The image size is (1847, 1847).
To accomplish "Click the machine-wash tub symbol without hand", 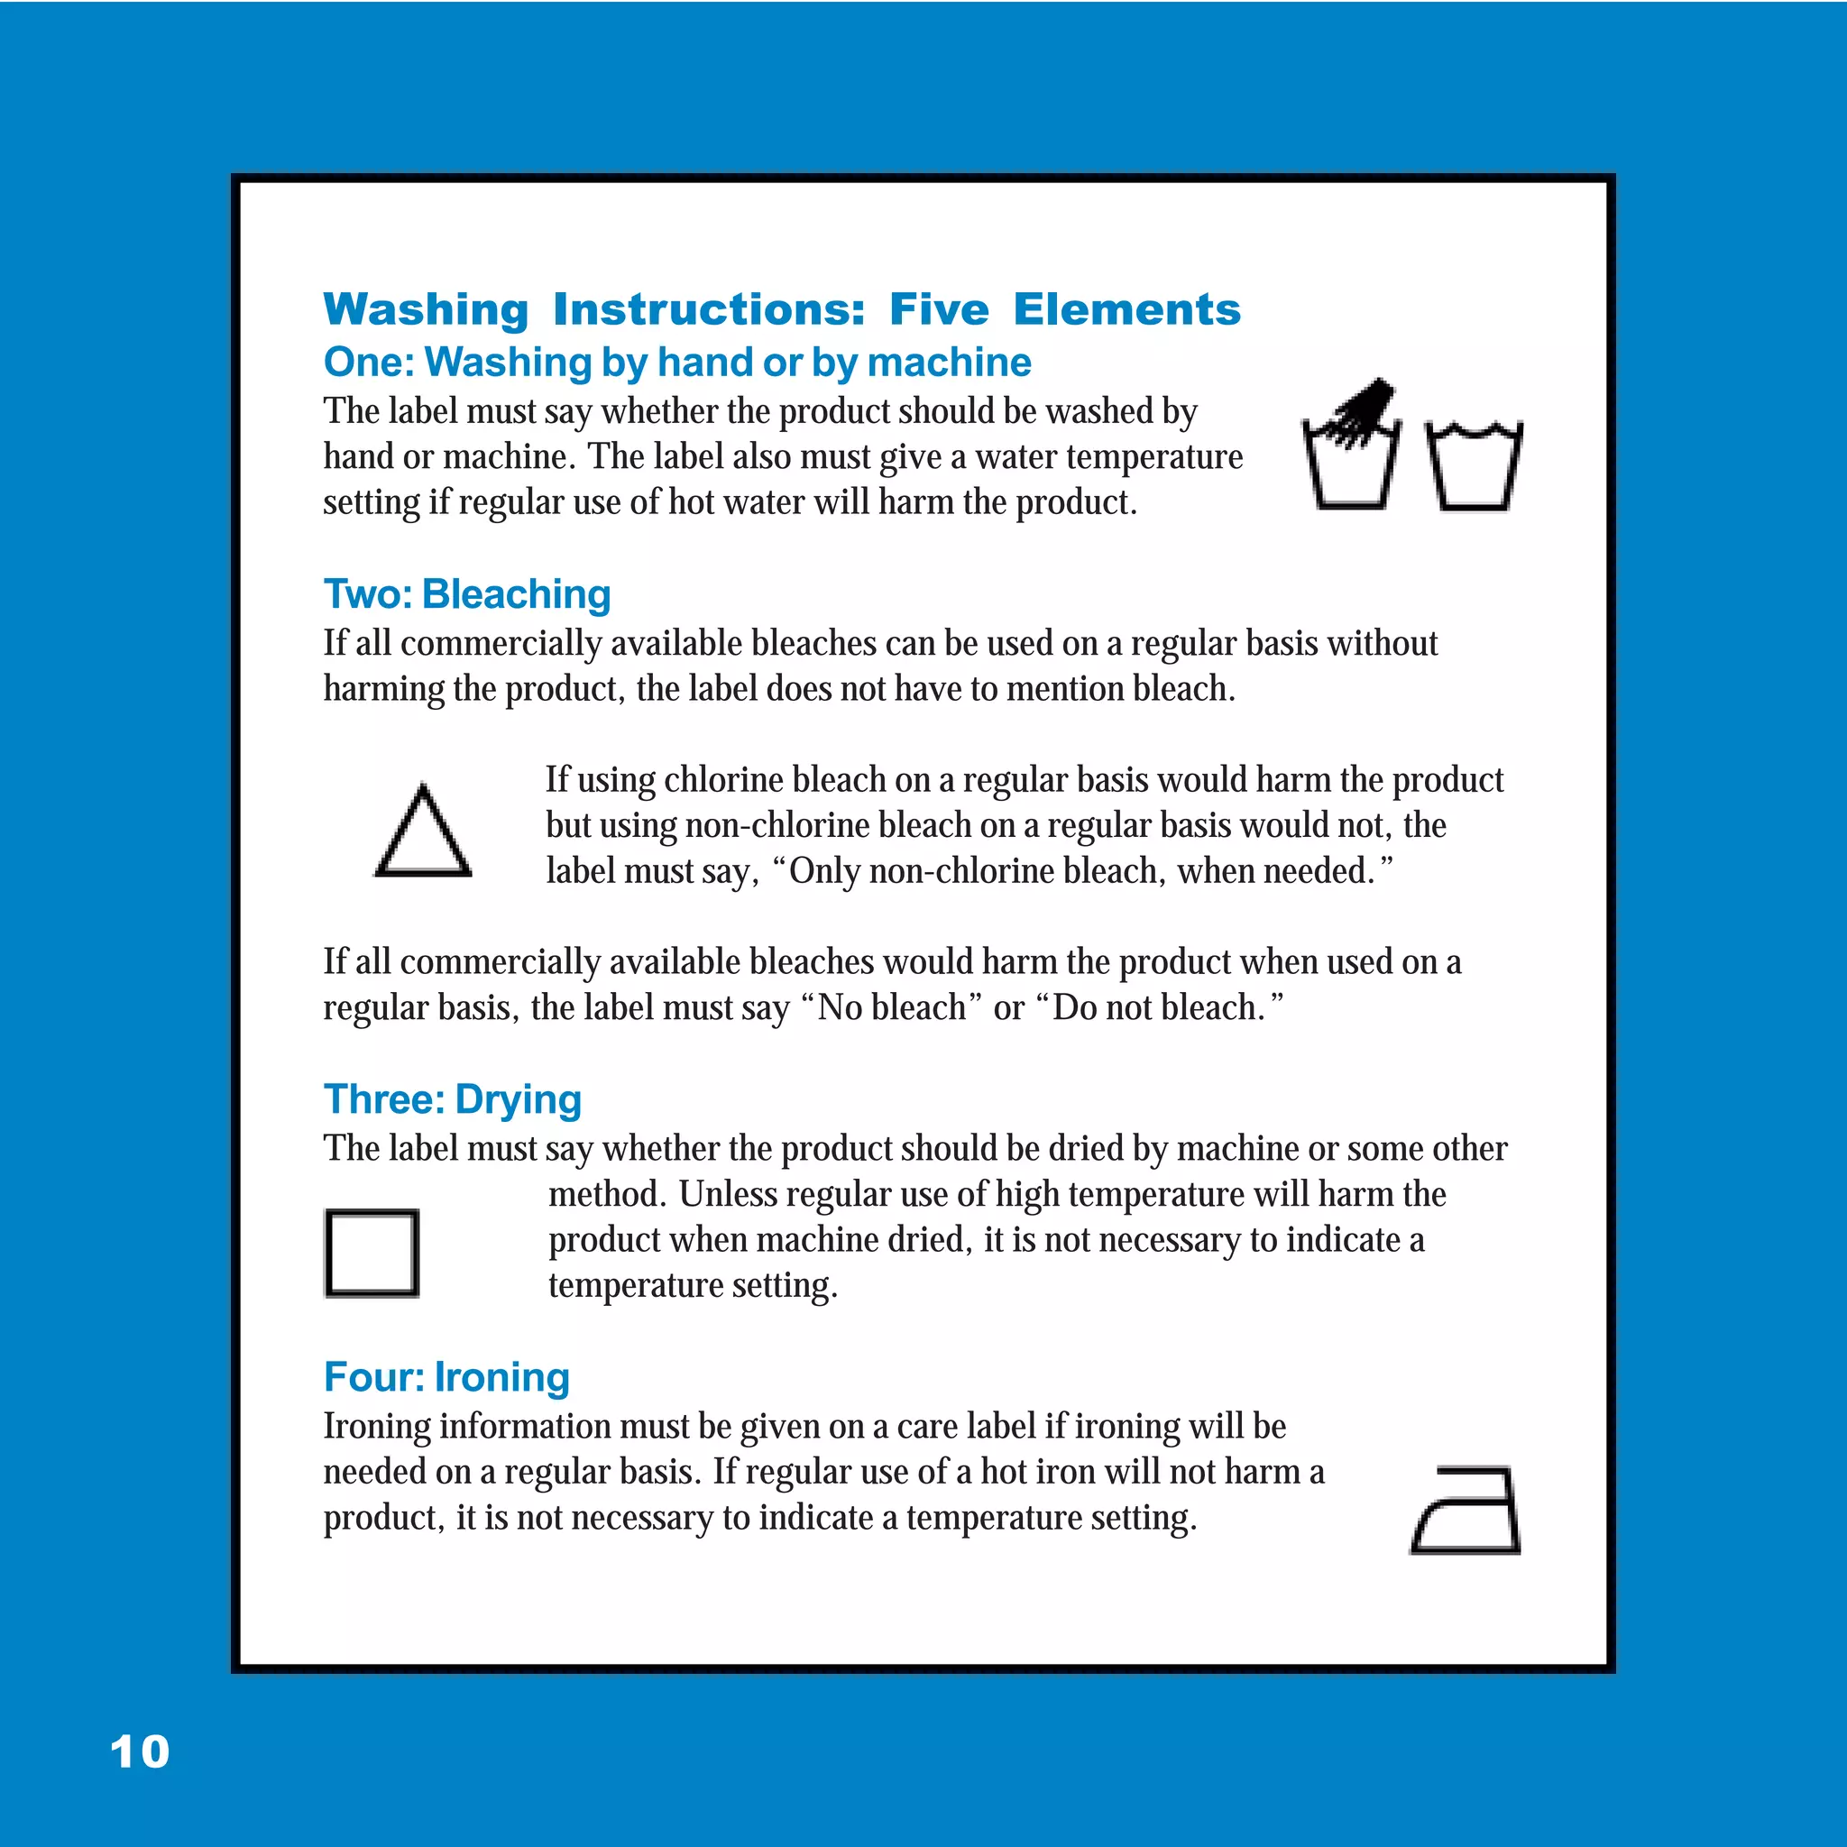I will click(1474, 465).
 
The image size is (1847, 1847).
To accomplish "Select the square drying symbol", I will click(372, 1254).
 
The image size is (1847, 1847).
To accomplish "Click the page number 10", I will click(140, 1752).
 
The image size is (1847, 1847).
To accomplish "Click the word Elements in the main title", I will click(1126, 309).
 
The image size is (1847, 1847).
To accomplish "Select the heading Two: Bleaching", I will click(466, 593).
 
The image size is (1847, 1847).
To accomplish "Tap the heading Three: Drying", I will click(452, 1099).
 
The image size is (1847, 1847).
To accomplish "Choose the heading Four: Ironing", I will click(446, 1376).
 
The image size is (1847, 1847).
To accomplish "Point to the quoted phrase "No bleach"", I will click(892, 1007).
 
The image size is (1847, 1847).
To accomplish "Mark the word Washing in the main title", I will click(426, 309).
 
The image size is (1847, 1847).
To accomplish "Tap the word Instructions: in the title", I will click(708, 309).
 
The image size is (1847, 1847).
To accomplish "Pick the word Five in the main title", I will click(939, 309).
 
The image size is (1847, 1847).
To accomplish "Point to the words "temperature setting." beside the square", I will click(692, 1285).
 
